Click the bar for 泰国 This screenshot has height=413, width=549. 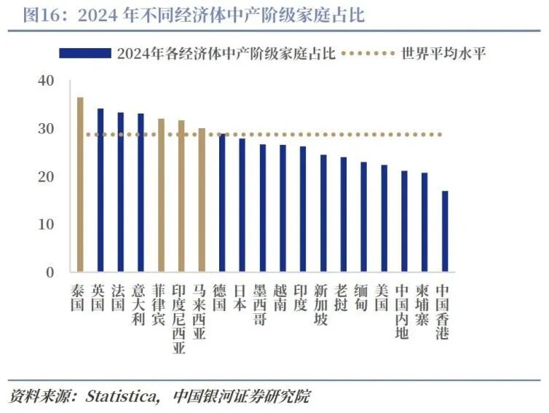click(x=80, y=185)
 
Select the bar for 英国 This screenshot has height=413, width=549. click(x=100, y=190)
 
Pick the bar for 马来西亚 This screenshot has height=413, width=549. click(x=202, y=200)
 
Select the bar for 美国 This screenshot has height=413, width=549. click(x=384, y=219)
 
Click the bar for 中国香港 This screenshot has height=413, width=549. click(x=445, y=232)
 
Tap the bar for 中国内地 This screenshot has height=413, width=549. click(x=404, y=221)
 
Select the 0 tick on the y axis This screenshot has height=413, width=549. click(x=50, y=272)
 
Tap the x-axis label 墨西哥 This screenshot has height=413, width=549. click(x=261, y=306)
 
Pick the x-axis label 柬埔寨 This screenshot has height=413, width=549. click(x=423, y=306)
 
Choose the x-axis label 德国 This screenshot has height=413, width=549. click(x=221, y=298)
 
